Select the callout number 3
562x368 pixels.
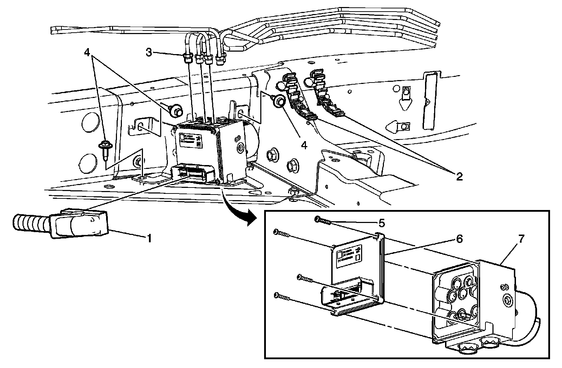[x=149, y=53]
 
